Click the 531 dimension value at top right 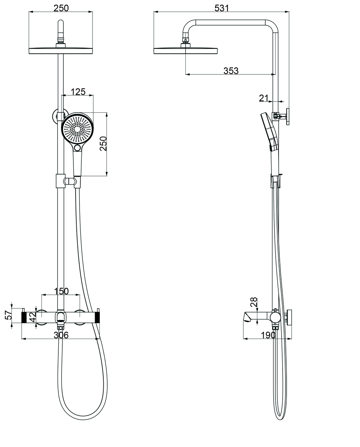221,8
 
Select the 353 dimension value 231,71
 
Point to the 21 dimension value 264,98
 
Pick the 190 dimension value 268,335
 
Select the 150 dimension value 61,291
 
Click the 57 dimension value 8,315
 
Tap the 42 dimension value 32,317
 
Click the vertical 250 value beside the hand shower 103,144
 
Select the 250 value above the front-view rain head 61,8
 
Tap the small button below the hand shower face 78,148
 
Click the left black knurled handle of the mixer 25,317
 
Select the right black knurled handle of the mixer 97,317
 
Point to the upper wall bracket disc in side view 288,116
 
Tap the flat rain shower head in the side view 186,51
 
